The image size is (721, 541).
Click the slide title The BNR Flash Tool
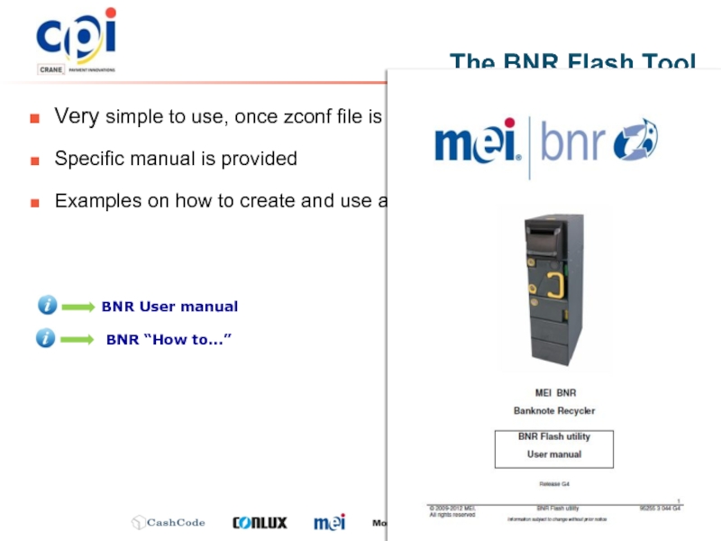[x=572, y=62]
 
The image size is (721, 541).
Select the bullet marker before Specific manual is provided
[x=34, y=160]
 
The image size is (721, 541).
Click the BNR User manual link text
[x=169, y=307]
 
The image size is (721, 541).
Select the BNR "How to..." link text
[x=169, y=339]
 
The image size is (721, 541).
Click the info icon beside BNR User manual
[x=47, y=306]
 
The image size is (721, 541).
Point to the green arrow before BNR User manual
[x=78, y=307]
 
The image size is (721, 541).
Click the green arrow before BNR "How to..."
[x=78, y=340]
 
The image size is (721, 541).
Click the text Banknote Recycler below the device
[x=553, y=410]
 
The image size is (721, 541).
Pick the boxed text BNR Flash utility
[x=553, y=436]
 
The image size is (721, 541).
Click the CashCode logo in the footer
[x=169, y=523]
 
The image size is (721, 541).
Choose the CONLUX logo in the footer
[x=260, y=523]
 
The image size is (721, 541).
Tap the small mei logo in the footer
[x=329, y=522]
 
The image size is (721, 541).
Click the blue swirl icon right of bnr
[x=635, y=142]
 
